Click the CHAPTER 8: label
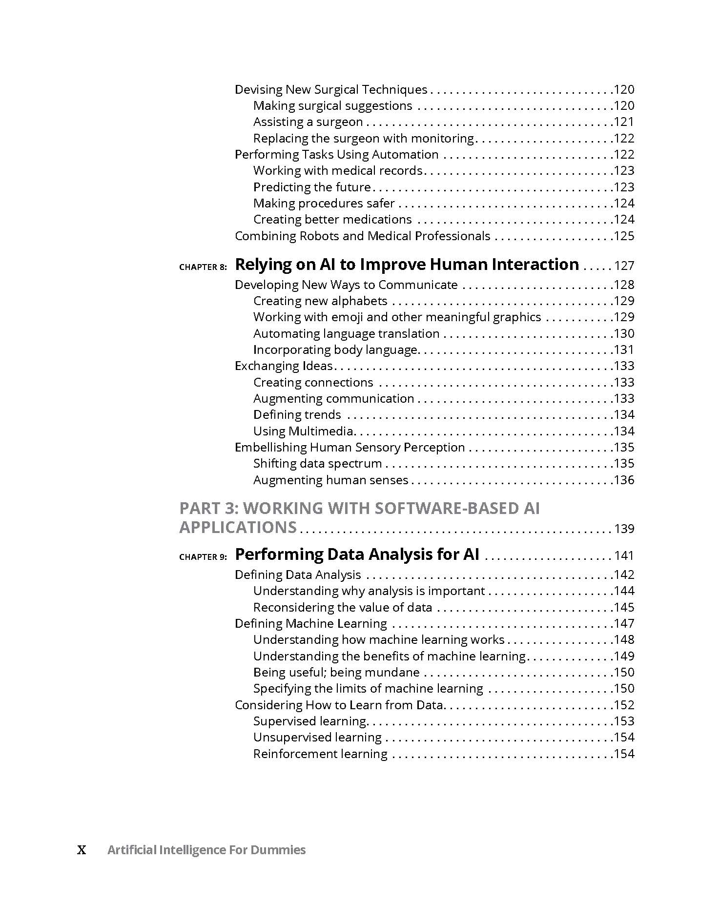[203, 267]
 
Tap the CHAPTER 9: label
[203, 557]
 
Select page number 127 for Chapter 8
[624, 266]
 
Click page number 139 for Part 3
[624, 529]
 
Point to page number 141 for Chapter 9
[624, 556]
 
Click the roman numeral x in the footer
[82, 850]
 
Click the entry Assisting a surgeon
[308, 122]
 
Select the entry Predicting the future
[312, 187]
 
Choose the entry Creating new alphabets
[320, 301]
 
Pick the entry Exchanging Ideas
[284, 366]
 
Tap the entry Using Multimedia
[303, 431]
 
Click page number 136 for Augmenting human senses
[624, 480]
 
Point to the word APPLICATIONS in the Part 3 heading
[238, 528]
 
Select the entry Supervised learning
[310, 721]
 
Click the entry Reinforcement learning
[320, 754]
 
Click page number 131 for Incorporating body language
[624, 350]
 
